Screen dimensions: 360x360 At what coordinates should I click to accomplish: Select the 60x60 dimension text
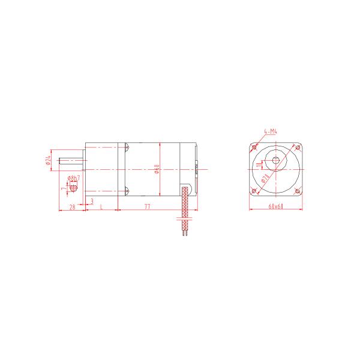(x=276, y=206)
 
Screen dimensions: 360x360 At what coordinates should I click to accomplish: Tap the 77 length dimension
(x=148, y=206)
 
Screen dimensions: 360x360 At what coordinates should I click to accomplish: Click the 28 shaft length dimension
(x=71, y=206)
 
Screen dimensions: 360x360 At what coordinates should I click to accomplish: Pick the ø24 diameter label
(x=47, y=161)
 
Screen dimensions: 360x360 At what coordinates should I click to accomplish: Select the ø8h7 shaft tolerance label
(x=74, y=179)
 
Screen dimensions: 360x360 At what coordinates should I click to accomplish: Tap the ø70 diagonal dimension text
(x=265, y=178)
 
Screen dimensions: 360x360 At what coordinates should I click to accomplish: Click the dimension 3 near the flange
(x=92, y=201)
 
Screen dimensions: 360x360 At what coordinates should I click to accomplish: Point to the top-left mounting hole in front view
(x=256, y=146)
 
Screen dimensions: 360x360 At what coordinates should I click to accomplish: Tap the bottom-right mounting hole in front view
(x=298, y=191)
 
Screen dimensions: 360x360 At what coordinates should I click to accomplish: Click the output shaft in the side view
(x=72, y=161)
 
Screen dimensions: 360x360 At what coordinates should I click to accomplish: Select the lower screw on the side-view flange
(x=126, y=191)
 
